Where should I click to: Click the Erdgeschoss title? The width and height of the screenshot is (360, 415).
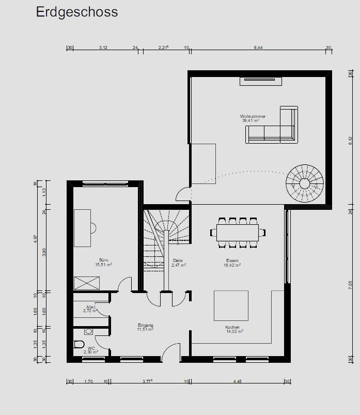76,12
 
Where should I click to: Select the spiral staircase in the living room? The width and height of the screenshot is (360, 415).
305,183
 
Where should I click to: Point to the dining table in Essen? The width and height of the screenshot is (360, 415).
238,232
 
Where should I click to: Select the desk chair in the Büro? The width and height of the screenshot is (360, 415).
93,227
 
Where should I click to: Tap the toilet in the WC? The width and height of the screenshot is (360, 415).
79,345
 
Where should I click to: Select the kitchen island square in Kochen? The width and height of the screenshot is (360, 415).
231,305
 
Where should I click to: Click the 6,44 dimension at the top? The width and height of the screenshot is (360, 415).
258,48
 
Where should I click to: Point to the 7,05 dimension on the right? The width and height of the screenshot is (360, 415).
350,286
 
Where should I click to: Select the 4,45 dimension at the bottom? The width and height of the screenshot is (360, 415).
237,381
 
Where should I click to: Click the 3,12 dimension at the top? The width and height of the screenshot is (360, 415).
103,48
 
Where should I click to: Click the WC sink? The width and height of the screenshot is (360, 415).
88,331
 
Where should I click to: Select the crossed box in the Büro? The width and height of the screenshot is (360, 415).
86,283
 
